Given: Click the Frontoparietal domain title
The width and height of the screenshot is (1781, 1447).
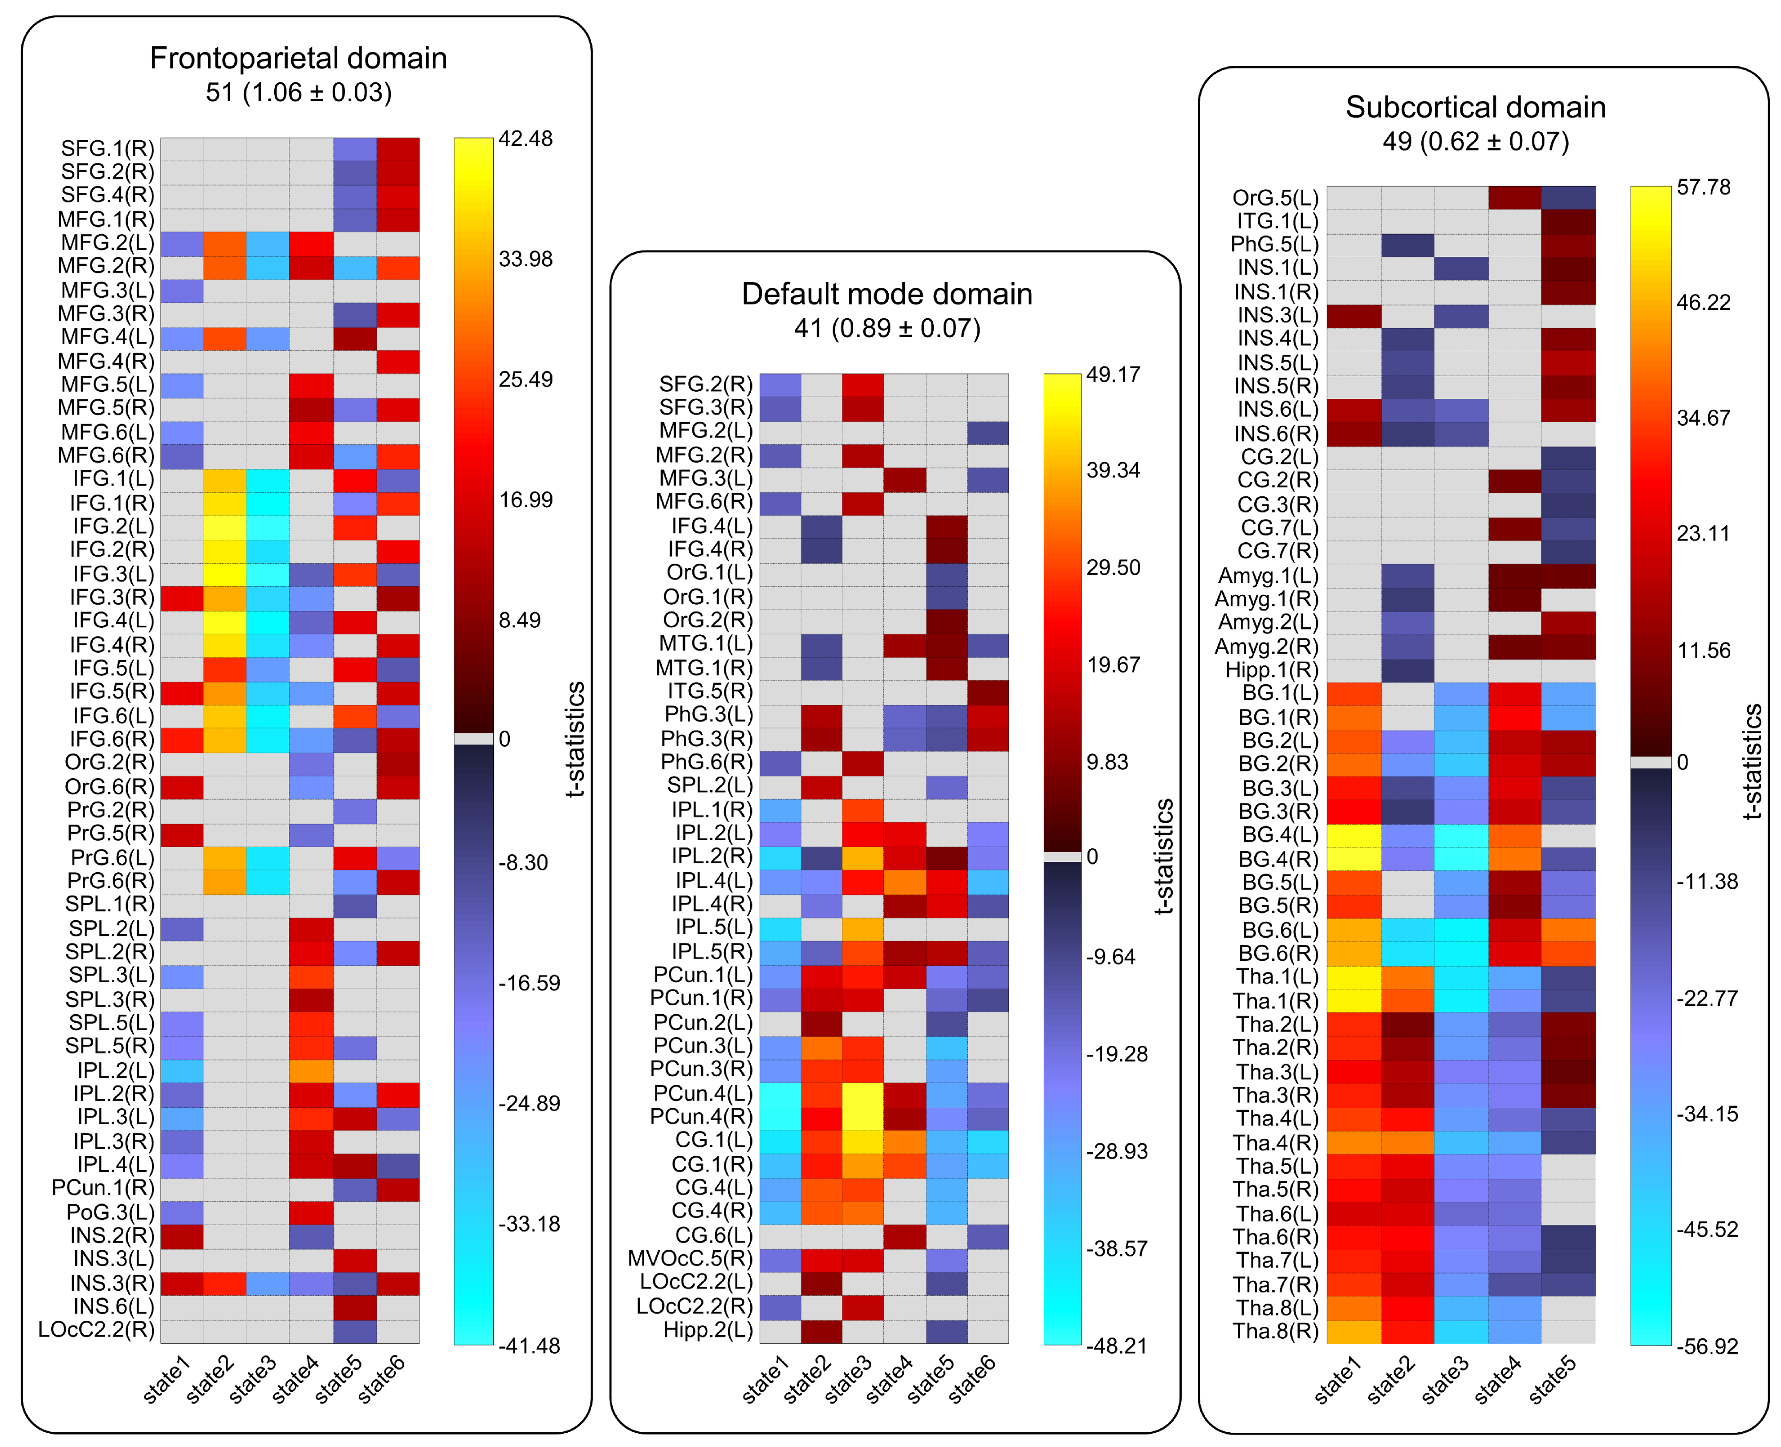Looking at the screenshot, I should pyautogui.click(x=298, y=58).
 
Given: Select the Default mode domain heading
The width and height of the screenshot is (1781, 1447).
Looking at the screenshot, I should pyautogui.click(x=887, y=294).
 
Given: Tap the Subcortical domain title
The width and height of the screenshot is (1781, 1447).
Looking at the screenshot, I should pyautogui.click(x=1475, y=108).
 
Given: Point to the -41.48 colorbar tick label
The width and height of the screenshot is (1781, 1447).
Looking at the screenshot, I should pyautogui.click(x=529, y=1346).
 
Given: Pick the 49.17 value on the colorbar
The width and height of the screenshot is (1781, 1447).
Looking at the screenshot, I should pyautogui.click(x=1113, y=374).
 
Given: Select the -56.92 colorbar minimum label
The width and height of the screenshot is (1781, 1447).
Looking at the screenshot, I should pyautogui.click(x=1706, y=1346).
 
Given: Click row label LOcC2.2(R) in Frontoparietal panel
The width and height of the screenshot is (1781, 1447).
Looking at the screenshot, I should pyautogui.click(x=97, y=1329).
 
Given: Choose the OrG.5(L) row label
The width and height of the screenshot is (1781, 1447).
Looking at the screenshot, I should pyautogui.click(x=1275, y=199).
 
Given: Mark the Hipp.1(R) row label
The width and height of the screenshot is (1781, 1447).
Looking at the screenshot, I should pyautogui.click(x=1272, y=670).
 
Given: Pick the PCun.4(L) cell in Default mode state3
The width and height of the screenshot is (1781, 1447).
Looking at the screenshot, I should pyautogui.click(x=862, y=1093).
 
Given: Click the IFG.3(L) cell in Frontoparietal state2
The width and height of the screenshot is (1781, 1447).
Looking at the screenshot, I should pyautogui.click(x=225, y=574).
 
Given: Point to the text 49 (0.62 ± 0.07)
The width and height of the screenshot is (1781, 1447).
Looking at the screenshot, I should pyautogui.click(x=1475, y=142).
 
